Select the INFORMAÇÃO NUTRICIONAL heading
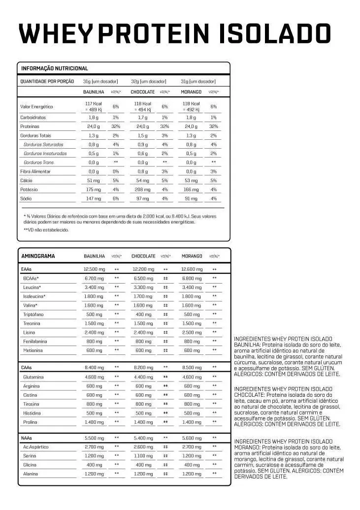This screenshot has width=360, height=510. (54, 68)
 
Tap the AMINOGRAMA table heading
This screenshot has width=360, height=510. (38, 256)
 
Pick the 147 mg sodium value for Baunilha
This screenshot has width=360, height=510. (94, 198)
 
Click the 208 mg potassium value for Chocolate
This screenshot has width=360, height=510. (143, 190)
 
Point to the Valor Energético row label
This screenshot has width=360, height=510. (36, 106)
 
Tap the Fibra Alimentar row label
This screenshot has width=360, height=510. (35, 171)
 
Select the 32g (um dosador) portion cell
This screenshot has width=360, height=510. (148, 81)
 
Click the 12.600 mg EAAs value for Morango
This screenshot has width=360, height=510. (192, 269)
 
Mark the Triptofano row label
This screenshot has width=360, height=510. (33, 315)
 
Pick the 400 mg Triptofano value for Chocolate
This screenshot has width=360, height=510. (143, 315)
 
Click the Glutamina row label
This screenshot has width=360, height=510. (33, 377)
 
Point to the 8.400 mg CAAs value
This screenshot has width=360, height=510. (94, 368)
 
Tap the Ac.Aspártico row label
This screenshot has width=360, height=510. (36, 447)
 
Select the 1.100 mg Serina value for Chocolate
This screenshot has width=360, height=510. (143, 456)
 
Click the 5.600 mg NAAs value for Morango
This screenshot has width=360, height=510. (192, 438)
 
